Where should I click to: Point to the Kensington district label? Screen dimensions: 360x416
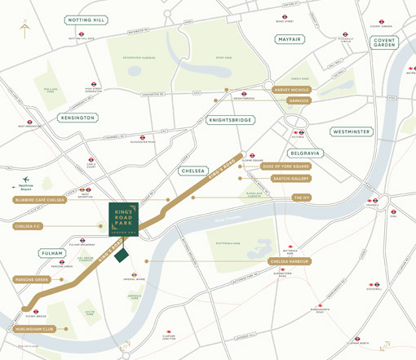77,118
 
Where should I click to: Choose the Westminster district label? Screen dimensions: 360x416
352,131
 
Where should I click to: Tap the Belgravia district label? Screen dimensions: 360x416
306,153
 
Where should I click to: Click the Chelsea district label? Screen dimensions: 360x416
194,171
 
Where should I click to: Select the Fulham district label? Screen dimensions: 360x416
51,254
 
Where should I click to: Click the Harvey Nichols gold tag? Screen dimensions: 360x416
294,90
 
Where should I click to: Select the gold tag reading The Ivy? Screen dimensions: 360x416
302,198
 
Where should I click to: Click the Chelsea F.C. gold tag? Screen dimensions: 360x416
30,225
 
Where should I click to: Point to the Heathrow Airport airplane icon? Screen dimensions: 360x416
26,180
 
